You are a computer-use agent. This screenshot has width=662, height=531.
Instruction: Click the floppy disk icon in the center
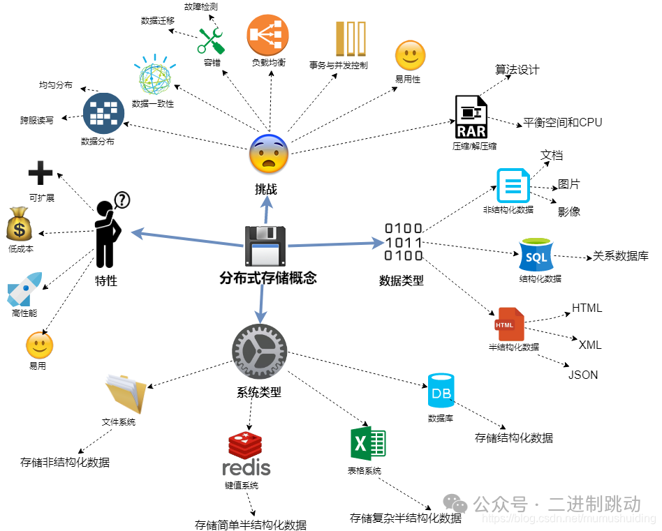coord(266,246)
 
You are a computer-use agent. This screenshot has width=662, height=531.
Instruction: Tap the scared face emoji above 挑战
coord(268,154)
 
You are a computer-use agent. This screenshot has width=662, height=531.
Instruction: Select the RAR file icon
coord(472,117)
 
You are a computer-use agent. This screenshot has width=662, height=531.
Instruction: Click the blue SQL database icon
coord(536,255)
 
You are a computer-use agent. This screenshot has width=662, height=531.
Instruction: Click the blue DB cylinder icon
coord(441,391)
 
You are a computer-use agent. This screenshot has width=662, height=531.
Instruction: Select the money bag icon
coord(20,224)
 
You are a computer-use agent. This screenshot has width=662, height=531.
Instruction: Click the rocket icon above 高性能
coord(24,289)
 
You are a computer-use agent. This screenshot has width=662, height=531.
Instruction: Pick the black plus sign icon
coord(41,174)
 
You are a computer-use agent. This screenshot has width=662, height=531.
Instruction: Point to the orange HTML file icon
coord(506,324)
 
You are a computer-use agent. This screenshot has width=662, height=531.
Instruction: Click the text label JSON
coord(583,375)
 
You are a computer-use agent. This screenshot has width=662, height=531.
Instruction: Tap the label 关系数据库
coord(621,256)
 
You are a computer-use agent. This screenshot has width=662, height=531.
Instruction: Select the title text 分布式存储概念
coord(268,278)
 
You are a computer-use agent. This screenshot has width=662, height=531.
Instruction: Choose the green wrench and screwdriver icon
coord(211,40)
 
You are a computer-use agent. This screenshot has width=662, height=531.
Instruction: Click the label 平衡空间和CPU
coord(562,123)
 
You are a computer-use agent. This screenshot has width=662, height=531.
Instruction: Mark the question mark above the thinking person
coord(122,200)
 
